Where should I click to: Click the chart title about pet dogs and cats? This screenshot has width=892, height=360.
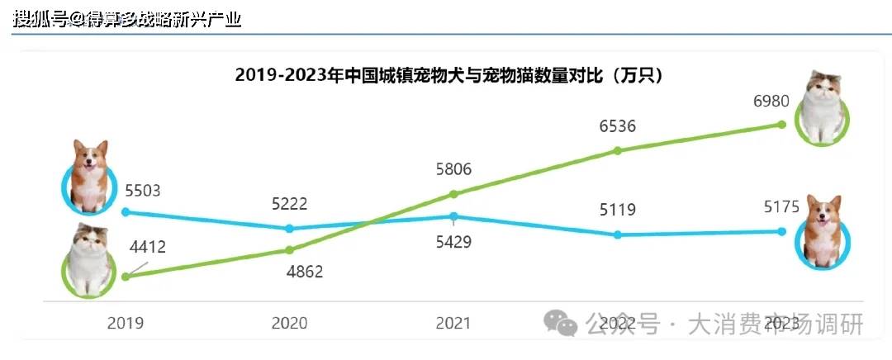click(449, 75)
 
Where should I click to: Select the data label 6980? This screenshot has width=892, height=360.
click(771, 102)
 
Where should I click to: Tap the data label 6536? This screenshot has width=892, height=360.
click(618, 126)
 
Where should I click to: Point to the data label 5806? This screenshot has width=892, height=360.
click(453, 169)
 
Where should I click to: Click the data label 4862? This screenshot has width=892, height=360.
click(305, 271)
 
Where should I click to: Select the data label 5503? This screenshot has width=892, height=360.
click(142, 191)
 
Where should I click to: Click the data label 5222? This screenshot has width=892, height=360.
click(289, 204)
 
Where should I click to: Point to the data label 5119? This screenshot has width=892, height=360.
click(618, 211)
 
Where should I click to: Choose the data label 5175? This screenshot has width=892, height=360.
click(781, 206)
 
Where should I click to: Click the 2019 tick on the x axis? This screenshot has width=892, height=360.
click(125, 323)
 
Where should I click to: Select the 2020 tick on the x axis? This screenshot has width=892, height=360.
click(289, 323)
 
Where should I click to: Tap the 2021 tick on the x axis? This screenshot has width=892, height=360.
click(453, 323)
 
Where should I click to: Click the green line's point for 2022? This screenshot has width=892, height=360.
click(618, 150)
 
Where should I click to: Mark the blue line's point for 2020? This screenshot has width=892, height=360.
click(289, 228)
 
